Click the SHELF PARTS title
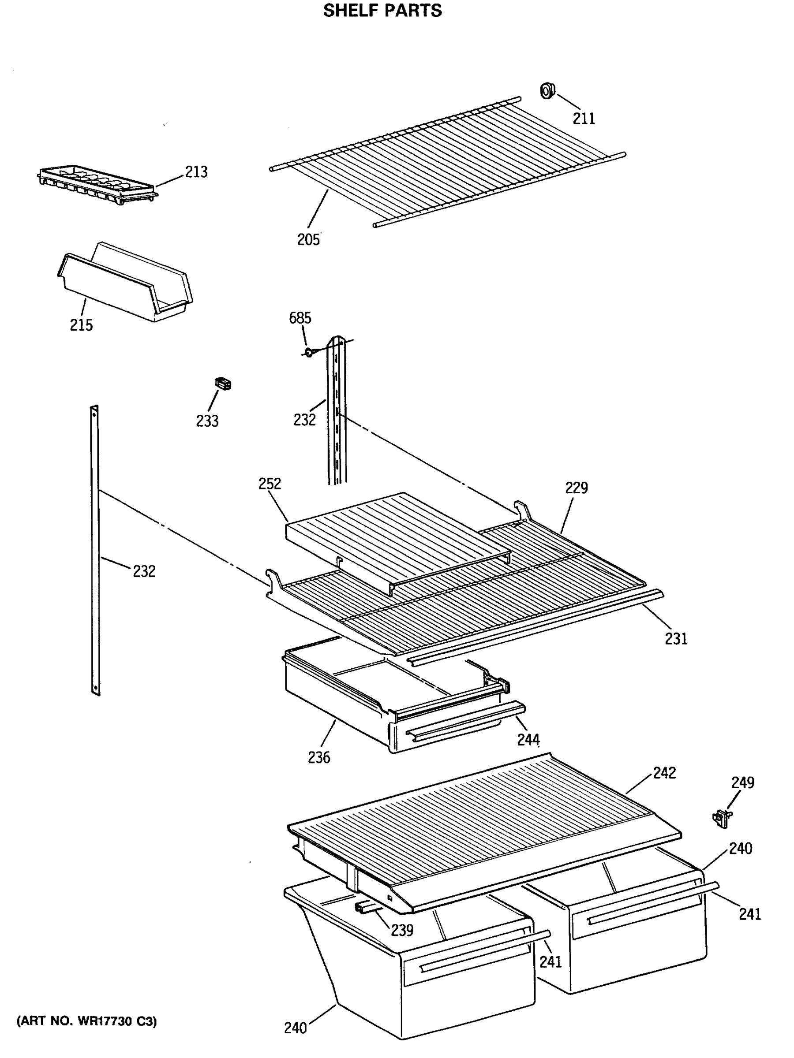coord(382,11)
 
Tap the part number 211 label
coord(584,118)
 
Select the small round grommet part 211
coord(547,90)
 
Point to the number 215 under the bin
coord(81,325)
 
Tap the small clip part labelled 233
coord(223,383)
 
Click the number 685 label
coord(300,318)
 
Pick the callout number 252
coord(270,484)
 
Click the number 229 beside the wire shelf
coord(576,488)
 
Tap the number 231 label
coord(675,638)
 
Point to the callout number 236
coord(319,757)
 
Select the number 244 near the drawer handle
coord(528,739)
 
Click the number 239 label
coord(401,930)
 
